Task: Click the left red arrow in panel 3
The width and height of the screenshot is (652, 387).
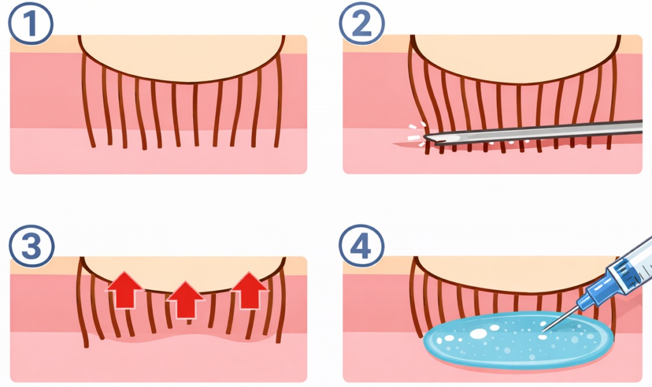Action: coord(125,290)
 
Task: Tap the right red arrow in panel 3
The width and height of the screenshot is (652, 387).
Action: coord(249,290)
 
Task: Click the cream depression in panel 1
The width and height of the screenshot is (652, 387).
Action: coord(181,57)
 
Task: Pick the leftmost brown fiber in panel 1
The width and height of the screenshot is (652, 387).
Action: coord(88,102)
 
